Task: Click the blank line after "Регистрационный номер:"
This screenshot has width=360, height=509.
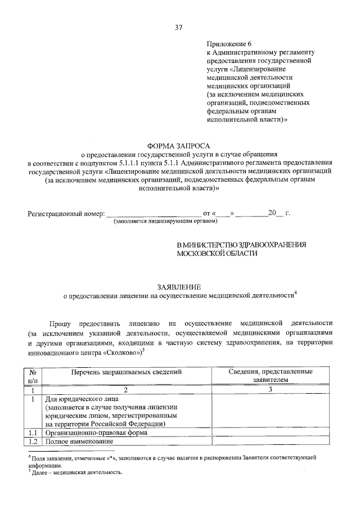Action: [x=154, y=215]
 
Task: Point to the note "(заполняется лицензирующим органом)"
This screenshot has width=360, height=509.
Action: [x=165, y=223]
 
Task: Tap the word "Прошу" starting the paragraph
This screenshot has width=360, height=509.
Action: [x=60, y=324]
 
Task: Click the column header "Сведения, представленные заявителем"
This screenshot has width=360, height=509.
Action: [x=270, y=376]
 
